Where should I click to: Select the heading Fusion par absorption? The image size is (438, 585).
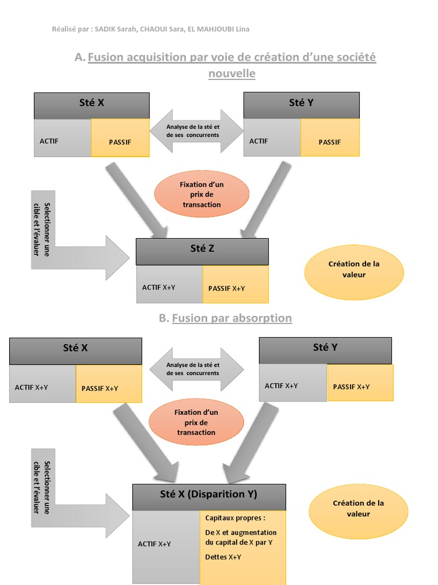232,318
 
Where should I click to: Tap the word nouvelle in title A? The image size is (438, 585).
232,74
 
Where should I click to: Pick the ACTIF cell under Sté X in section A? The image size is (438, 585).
62,141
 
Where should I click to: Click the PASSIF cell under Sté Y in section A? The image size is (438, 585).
330,141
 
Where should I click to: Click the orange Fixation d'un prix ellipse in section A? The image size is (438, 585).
202,194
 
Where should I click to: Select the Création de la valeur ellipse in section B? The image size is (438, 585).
358,508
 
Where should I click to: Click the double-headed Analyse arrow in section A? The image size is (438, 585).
196,131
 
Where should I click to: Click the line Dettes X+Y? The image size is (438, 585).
222,556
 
